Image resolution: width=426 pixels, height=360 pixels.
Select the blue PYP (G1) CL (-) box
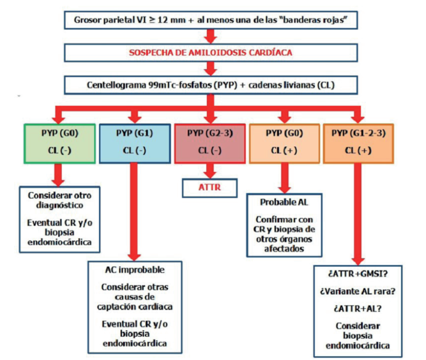(x=133, y=143)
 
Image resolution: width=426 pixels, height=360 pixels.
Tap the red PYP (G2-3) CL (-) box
(x=208, y=143)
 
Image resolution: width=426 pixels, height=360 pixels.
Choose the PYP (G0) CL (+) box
(x=284, y=143)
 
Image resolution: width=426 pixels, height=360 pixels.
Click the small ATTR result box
(x=208, y=188)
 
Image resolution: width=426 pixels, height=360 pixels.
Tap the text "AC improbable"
(x=133, y=269)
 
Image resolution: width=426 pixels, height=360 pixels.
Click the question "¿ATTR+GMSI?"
(x=358, y=274)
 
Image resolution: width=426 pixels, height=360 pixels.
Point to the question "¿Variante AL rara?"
(x=358, y=292)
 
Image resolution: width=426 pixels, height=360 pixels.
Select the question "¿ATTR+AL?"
(x=358, y=309)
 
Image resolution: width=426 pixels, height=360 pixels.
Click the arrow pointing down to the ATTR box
(x=208, y=170)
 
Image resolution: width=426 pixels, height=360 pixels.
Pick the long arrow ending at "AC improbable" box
(x=133, y=211)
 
